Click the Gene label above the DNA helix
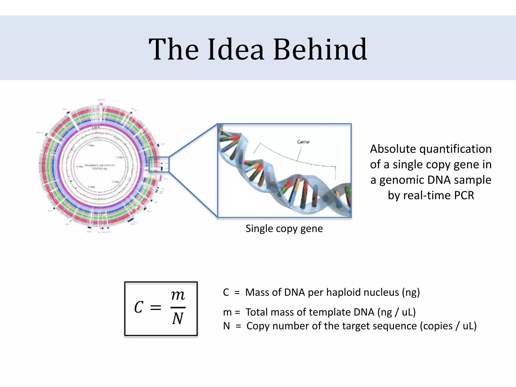tap(303, 142)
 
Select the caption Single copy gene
tap(284, 229)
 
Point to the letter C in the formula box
tap(139, 307)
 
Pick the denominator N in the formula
tap(178, 319)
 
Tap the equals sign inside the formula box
tap(155, 307)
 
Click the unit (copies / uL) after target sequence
tap(448, 326)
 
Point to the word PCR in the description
tap(464, 196)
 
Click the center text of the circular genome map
tap(100, 167)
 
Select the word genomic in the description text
tap(401, 180)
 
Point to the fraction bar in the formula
tap(178, 307)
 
